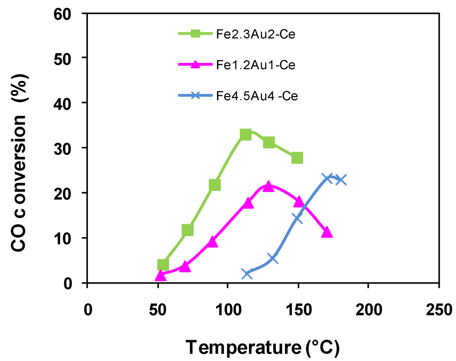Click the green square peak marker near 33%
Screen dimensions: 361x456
coord(246,135)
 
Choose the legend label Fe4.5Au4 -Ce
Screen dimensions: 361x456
coord(257,97)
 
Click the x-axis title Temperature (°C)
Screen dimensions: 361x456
coord(262,347)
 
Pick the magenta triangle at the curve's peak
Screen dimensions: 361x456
coord(269,186)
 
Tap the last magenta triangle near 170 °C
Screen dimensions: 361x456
coord(326,232)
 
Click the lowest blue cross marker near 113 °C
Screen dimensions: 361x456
coord(247,274)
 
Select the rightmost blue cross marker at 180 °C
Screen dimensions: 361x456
coord(341,180)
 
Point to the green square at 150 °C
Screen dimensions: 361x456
coord(297,158)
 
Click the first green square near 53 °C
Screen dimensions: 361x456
coord(163,265)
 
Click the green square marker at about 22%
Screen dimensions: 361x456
coord(215,185)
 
